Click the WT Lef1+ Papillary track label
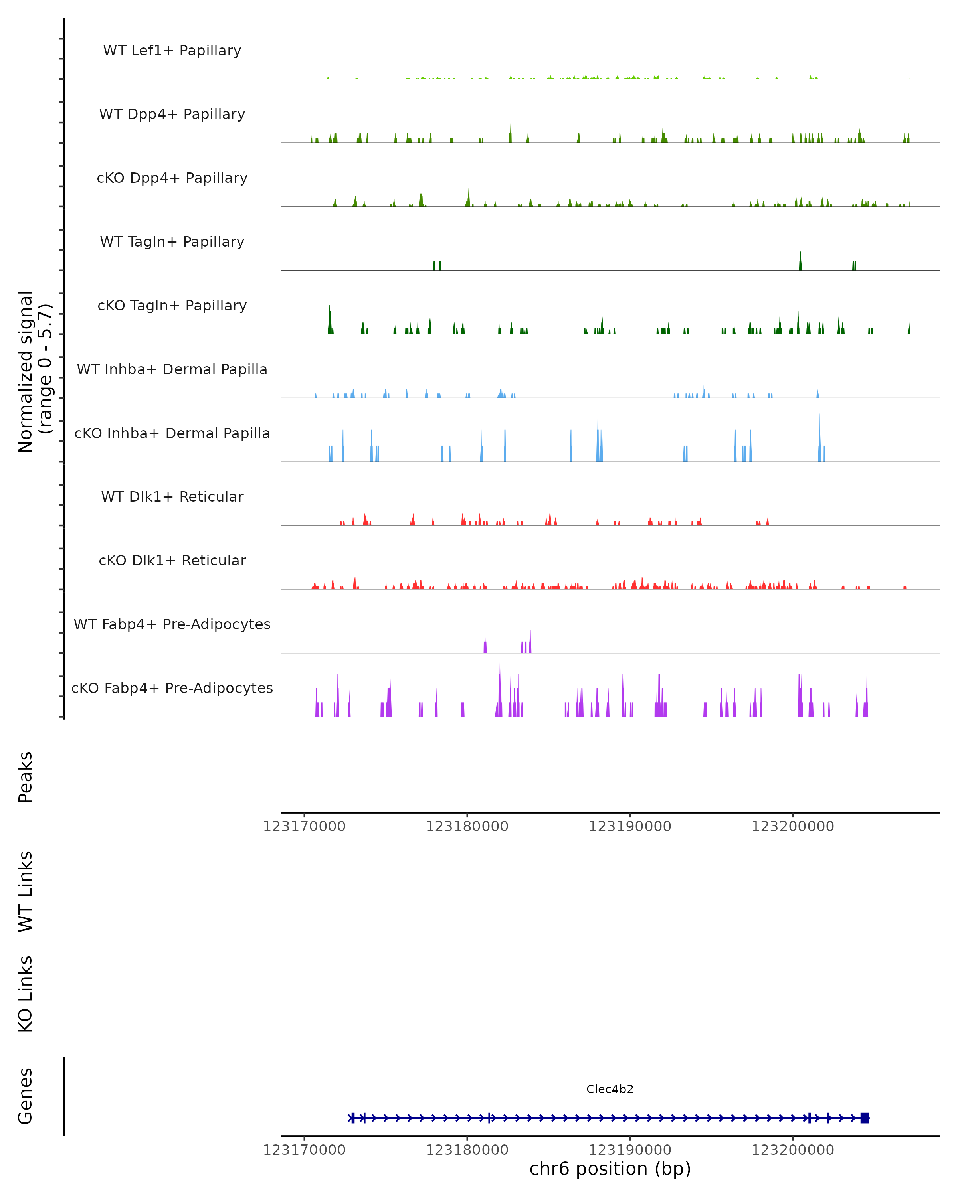pos(172,51)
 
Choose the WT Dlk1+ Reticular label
pos(172,496)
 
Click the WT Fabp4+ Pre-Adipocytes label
pos(172,624)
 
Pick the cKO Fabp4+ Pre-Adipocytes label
pos(172,688)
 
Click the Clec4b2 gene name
pos(610,1089)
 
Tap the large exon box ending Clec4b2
pos(864,1118)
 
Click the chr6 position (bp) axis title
pos(610,1169)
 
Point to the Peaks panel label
pos(26,777)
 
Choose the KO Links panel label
pos(26,994)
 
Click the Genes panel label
pos(26,1096)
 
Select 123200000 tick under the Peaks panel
pos(792,826)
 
